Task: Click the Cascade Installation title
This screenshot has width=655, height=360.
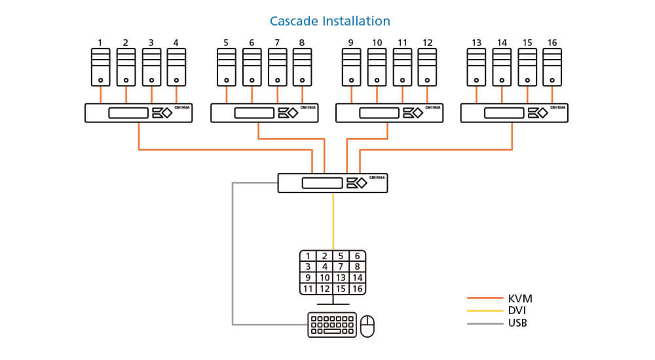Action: [329, 21]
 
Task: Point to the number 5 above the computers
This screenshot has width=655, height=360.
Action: [226, 43]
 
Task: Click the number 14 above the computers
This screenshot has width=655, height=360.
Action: [502, 43]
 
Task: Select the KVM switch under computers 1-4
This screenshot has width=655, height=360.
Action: [138, 113]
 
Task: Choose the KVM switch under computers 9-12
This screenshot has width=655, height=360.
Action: [388, 113]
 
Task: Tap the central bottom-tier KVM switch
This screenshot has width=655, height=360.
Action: [332, 183]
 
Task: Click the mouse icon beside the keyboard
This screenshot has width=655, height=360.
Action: [367, 325]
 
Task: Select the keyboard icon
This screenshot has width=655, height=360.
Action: [332, 325]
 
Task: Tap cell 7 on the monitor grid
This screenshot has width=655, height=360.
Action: [341, 266]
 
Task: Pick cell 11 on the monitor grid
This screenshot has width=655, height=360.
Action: [308, 289]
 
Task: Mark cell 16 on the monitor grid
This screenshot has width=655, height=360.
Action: [358, 289]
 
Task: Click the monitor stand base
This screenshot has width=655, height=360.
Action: [333, 304]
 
